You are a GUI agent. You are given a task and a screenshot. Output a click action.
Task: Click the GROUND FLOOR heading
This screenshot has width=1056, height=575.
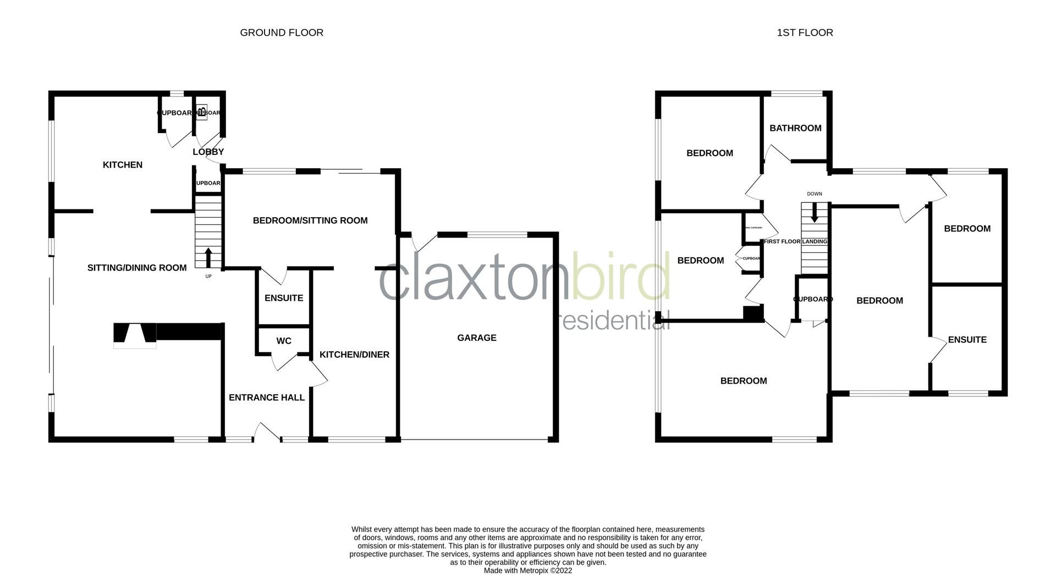pos(282,32)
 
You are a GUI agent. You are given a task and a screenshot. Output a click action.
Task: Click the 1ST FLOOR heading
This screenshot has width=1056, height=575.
pos(805,32)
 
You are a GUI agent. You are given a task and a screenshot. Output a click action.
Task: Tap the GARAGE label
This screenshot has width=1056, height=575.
pos(477,338)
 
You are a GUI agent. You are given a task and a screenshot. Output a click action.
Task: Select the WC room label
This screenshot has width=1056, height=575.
pos(284,341)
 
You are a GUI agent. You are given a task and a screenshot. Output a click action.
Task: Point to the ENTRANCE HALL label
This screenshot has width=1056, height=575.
pos(267,397)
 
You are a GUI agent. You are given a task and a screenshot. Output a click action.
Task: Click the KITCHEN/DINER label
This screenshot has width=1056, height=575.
pos(355,355)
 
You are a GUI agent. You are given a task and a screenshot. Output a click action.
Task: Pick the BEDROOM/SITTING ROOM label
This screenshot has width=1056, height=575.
pos(310,220)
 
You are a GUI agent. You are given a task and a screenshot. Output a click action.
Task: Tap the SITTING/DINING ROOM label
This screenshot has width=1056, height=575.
pos(137,268)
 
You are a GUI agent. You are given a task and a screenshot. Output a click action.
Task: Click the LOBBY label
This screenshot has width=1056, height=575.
pos(208,152)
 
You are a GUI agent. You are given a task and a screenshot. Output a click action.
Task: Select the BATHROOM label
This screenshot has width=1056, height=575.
pos(795,128)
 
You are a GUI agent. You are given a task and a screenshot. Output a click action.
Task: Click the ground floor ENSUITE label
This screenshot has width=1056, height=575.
pos(284,298)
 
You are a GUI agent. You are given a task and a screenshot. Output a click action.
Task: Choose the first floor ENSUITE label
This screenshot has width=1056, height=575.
pos(967,340)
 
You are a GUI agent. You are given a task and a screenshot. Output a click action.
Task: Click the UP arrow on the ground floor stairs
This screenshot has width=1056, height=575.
pos(208,257)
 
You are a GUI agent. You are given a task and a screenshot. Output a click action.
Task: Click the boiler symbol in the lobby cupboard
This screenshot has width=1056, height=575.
pos(202,112)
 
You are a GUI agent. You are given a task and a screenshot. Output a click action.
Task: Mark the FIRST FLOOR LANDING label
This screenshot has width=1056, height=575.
pos(795,241)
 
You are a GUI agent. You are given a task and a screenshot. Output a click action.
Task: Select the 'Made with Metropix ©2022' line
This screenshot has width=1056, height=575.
pos(528,571)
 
